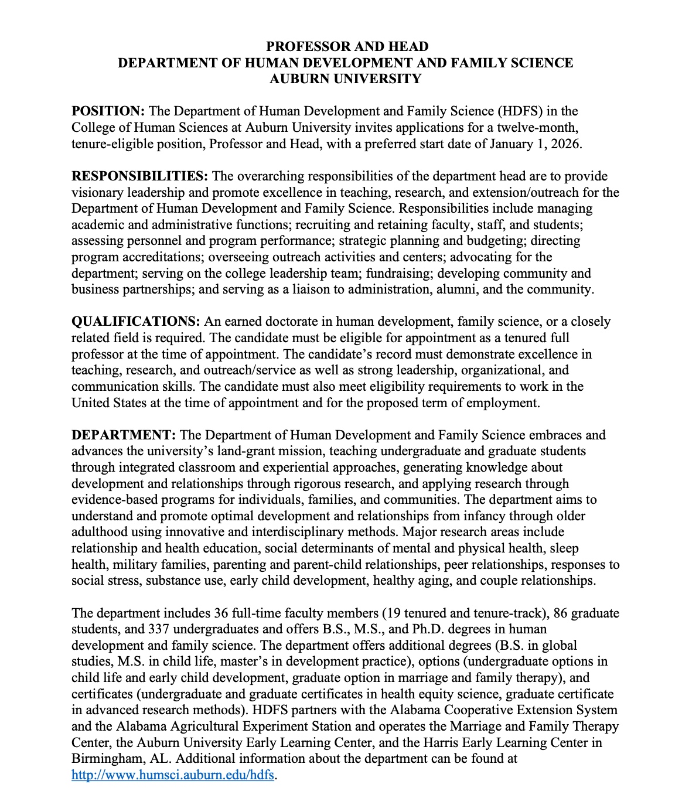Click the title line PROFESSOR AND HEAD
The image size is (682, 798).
347,47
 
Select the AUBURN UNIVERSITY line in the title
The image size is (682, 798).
345,79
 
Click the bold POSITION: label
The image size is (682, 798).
108,111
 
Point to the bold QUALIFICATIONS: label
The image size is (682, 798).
136,322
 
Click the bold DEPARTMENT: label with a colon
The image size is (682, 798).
124,435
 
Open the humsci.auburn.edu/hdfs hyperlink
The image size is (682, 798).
173,775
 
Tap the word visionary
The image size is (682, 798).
97,193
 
